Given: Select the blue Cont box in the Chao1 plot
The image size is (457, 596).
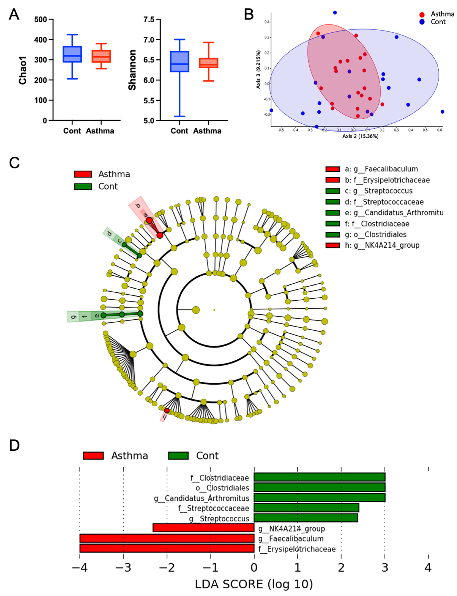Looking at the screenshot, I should tap(72, 54).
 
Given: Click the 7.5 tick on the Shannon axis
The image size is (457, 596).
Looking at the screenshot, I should tap(149, 20).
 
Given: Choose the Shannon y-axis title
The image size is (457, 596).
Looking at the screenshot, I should tap(132, 70).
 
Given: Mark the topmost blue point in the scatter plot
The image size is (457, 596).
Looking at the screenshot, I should tap(335, 13).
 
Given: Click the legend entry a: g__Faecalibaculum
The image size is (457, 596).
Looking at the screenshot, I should tap(381, 169).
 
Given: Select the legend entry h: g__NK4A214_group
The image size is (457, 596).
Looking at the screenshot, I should tap(382, 245).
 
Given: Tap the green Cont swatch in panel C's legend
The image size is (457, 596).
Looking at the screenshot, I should tap(83, 186).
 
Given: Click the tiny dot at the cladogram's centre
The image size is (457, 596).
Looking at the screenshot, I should tap(214, 310).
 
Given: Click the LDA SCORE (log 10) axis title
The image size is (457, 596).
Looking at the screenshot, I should tap(254, 584).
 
